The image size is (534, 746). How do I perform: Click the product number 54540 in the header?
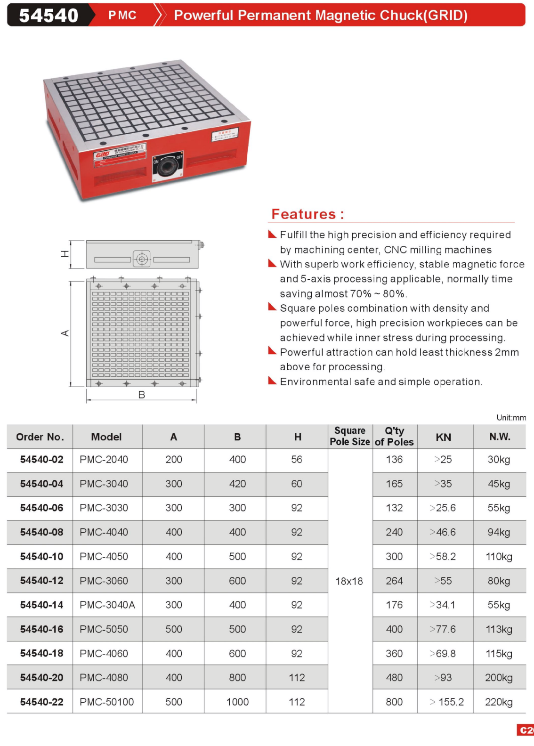pyautogui.click(x=49, y=16)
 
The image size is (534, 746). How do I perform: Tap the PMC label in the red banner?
pyautogui.click(x=122, y=16)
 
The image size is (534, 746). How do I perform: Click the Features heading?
pyautogui.click(x=307, y=214)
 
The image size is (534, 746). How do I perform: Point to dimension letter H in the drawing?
pyautogui.click(x=65, y=254)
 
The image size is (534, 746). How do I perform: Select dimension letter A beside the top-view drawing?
pyautogui.click(x=65, y=333)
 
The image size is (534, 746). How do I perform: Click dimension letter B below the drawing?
pyautogui.click(x=141, y=395)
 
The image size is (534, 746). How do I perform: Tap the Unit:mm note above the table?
pyautogui.click(x=511, y=418)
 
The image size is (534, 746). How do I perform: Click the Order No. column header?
pyautogui.click(x=40, y=437)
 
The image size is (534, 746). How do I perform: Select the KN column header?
pyautogui.click(x=443, y=437)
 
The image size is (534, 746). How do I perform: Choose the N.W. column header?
pyautogui.click(x=499, y=437)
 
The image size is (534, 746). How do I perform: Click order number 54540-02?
pyautogui.click(x=41, y=460)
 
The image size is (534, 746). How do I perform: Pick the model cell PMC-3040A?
pyautogui.click(x=107, y=605)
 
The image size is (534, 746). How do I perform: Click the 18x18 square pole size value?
pyautogui.click(x=349, y=581)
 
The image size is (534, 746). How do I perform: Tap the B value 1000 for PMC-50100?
pyautogui.click(x=237, y=702)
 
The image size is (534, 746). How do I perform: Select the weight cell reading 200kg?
pyautogui.click(x=499, y=678)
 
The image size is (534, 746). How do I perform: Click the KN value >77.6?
pyautogui.click(x=443, y=629)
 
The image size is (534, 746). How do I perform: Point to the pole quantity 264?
pyautogui.click(x=394, y=581)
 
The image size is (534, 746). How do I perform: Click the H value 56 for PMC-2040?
pyautogui.click(x=297, y=460)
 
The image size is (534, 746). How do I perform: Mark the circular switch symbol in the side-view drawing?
pyautogui.click(x=142, y=259)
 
